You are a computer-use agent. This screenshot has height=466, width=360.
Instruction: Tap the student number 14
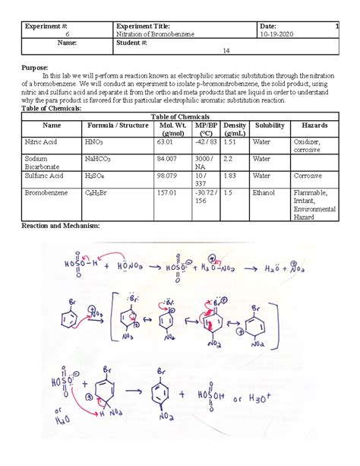point(226,51)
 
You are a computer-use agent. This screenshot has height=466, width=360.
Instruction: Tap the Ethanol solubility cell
point(263,192)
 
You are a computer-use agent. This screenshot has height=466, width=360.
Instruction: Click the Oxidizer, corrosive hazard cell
point(308,145)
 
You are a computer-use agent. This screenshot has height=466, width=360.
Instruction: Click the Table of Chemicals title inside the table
point(184,115)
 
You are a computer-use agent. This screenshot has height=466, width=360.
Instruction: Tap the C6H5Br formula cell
point(99,192)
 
